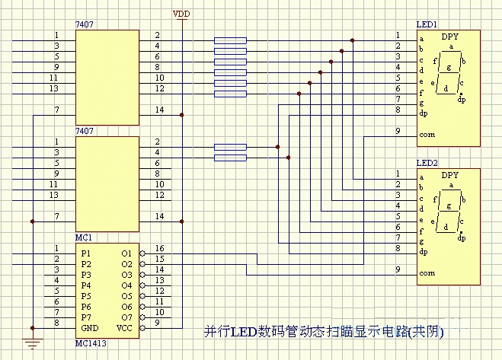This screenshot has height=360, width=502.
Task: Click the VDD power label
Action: click(x=181, y=14)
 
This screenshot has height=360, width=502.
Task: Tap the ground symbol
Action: click(x=33, y=343)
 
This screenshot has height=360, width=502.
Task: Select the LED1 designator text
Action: click(x=427, y=24)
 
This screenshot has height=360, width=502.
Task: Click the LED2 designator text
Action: click(x=427, y=163)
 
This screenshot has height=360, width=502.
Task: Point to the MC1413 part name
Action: click(x=91, y=343)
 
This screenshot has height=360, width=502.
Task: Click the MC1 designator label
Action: click(x=84, y=237)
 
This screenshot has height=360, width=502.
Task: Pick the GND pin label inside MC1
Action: click(x=90, y=328)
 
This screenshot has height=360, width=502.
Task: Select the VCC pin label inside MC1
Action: click(x=125, y=328)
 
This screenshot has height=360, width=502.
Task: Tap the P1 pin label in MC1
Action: click(x=86, y=253)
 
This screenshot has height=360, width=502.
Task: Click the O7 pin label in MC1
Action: click(x=126, y=317)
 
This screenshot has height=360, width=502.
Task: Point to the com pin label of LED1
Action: click(x=427, y=135)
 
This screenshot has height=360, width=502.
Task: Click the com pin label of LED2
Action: click(x=427, y=273)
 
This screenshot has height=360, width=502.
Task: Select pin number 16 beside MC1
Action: click(x=159, y=248)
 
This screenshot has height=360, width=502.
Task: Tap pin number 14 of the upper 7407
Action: click(x=159, y=110)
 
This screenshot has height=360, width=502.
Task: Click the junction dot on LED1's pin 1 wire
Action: click(x=353, y=40)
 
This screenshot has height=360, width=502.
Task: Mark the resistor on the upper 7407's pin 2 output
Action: click(x=230, y=40)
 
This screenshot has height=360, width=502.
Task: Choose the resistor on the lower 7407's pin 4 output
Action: click(x=230, y=158)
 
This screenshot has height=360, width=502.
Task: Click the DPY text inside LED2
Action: click(x=449, y=175)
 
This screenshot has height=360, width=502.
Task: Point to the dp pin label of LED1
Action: click(x=424, y=113)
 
